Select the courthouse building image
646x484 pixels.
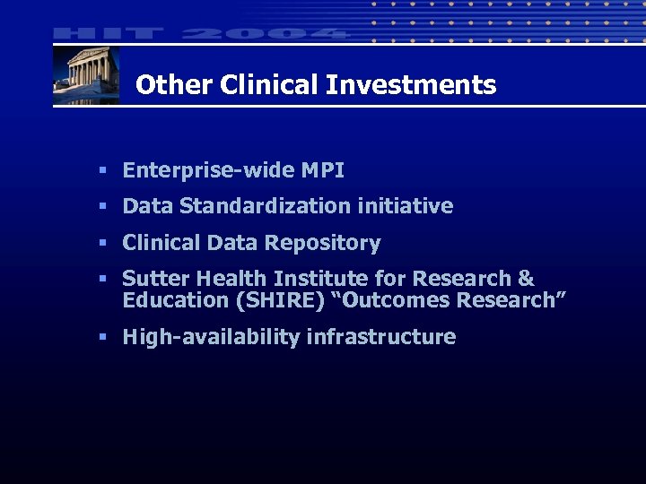(x=86, y=75)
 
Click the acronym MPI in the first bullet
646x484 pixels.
(x=323, y=170)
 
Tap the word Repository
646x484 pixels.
(x=330, y=243)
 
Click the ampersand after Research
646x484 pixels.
(x=526, y=279)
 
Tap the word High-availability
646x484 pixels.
(x=212, y=337)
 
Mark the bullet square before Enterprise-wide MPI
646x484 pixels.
(x=104, y=170)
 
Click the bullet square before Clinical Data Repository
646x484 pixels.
(x=104, y=243)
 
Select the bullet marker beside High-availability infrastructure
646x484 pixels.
(x=104, y=337)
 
